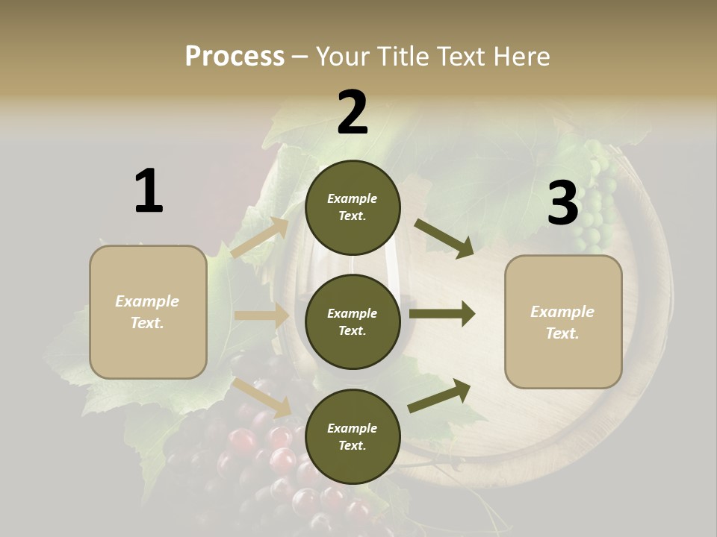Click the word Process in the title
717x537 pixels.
[235, 57]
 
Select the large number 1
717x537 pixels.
[149, 191]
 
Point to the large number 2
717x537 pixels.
[353, 113]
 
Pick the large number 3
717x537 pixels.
[562, 204]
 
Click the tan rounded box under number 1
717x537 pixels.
[148, 312]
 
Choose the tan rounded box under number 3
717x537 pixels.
[563, 321]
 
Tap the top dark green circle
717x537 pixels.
[353, 207]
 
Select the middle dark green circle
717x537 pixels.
[353, 321]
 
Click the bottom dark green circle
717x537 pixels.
[353, 436]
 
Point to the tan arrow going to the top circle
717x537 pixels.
[260, 238]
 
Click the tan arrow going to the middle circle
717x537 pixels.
[261, 315]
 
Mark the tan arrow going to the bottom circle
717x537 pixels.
[262, 396]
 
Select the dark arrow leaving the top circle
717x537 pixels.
[444, 239]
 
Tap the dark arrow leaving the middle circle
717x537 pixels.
[442, 314]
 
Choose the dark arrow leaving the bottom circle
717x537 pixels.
[440, 395]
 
